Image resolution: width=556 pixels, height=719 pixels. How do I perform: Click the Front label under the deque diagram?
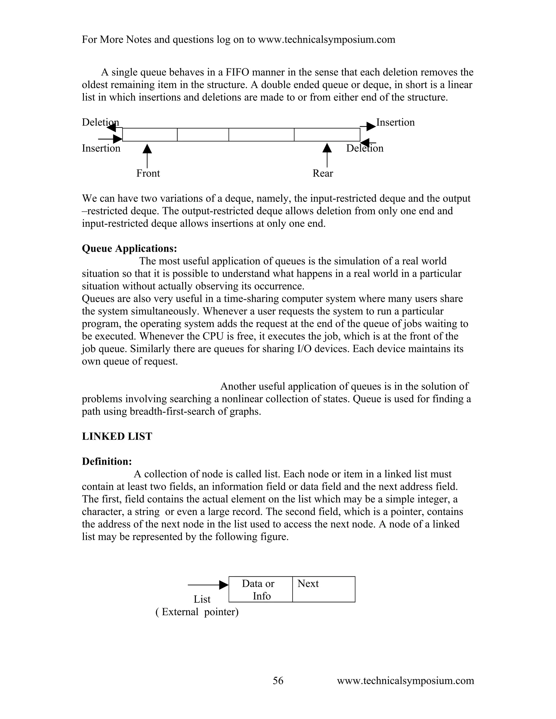(x=148, y=173)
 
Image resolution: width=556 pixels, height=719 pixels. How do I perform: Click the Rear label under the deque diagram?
(x=323, y=173)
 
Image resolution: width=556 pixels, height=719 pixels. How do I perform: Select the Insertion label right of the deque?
(x=395, y=122)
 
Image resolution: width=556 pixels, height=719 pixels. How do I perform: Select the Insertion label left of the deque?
(x=101, y=148)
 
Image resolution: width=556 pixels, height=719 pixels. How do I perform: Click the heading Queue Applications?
(x=129, y=248)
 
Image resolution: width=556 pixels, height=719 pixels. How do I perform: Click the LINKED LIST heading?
(x=117, y=436)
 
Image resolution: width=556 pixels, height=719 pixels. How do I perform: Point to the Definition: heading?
(x=107, y=461)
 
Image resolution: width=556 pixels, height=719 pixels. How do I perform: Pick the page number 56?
(x=278, y=680)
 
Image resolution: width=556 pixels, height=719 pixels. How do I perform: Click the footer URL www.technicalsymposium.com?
(x=405, y=680)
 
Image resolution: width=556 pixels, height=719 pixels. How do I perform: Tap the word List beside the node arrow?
(x=202, y=599)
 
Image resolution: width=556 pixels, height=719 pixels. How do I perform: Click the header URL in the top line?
(x=326, y=40)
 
